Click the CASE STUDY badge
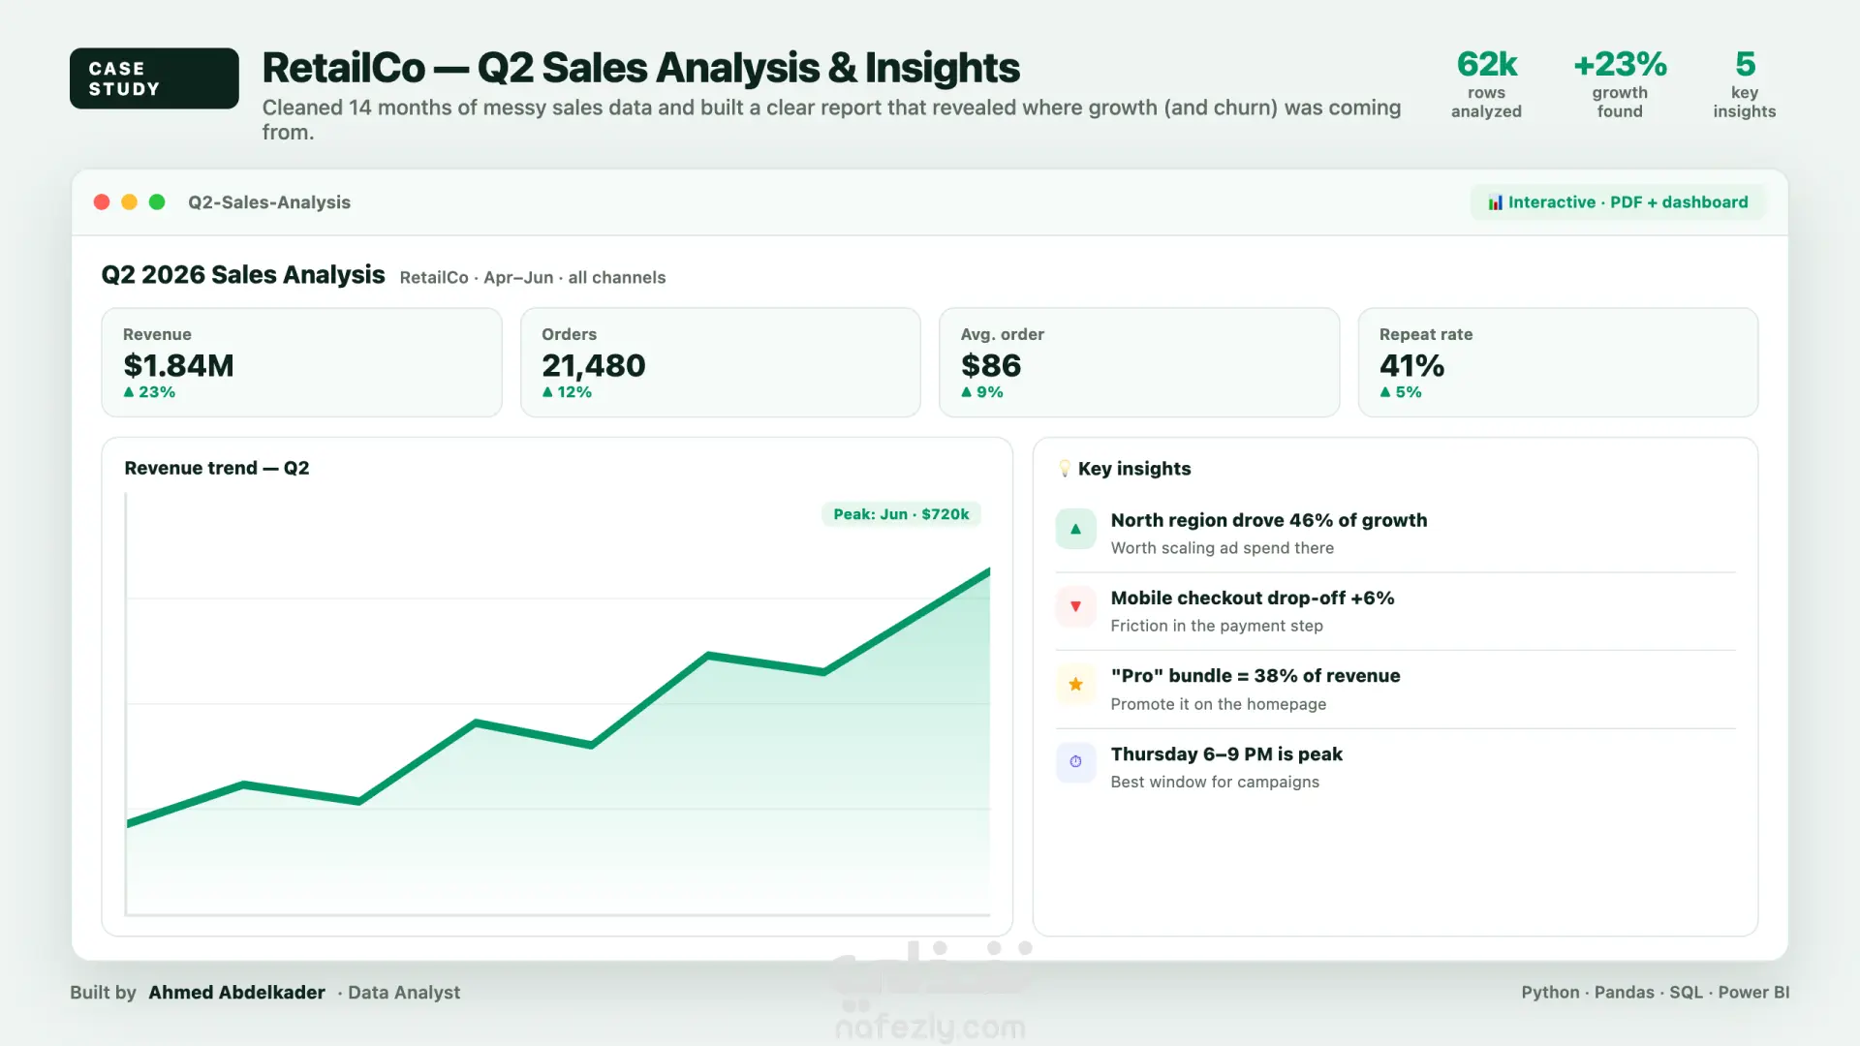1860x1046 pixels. pyautogui.click(x=154, y=78)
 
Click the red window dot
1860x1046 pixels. pyautogui.click(x=102, y=201)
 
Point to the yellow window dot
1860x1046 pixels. pyautogui.click(x=129, y=201)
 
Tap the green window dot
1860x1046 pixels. pyautogui.click(x=157, y=201)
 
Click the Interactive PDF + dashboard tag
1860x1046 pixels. pyautogui.click(x=1618, y=202)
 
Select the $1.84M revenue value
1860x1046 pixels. pyautogui.click(x=178, y=366)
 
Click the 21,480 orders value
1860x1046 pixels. pyautogui.click(x=593, y=366)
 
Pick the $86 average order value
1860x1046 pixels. pyautogui.click(x=990, y=366)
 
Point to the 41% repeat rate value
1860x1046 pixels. pyautogui.click(x=1411, y=366)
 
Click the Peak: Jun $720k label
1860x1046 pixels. pyautogui.click(x=901, y=514)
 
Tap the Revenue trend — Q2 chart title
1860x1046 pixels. pyautogui.click(x=217, y=468)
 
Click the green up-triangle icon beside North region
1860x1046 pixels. pyautogui.click(x=1075, y=529)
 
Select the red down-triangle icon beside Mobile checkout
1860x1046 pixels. pyautogui.click(x=1075, y=606)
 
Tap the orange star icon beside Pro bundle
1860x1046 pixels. pyautogui.click(x=1075, y=685)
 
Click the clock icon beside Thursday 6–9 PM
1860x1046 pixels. pyautogui.click(x=1075, y=762)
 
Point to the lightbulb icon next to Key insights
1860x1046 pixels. pyautogui.click(x=1065, y=469)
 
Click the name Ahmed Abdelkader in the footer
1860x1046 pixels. pyautogui.click(x=236, y=993)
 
